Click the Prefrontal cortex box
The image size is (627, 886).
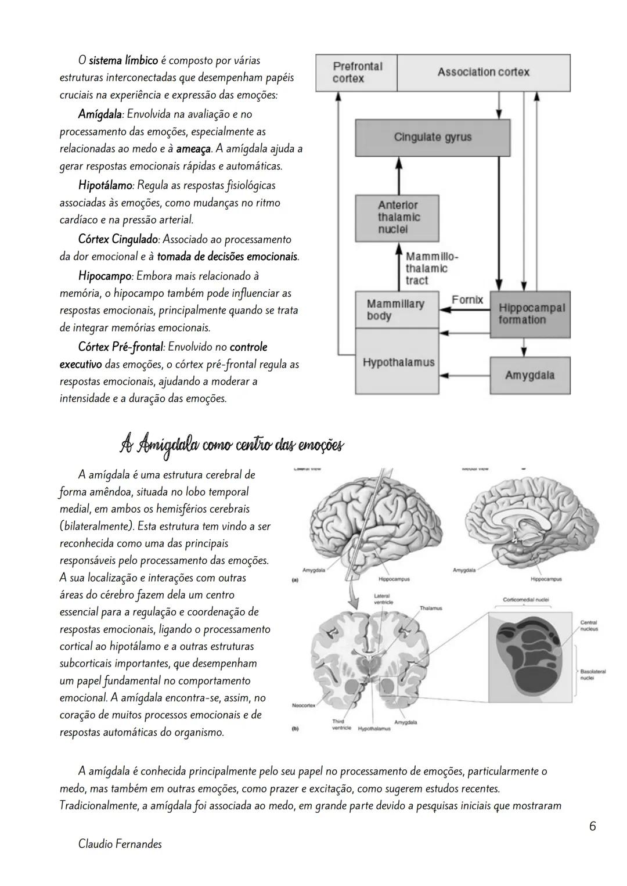pos(356,73)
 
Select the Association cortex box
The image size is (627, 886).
pos(483,73)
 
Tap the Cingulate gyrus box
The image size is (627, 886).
pos(433,138)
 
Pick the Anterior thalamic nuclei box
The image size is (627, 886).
pos(397,218)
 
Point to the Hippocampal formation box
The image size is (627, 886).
pos(531,314)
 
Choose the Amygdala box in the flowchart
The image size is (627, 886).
pos(529,376)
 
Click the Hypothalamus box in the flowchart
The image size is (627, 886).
pos(398,363)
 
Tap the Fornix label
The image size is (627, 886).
pos(467,300)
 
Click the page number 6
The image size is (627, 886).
pos(592,826)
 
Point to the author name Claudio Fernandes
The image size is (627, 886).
pos(120,844)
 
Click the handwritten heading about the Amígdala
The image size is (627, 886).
pos(231,446)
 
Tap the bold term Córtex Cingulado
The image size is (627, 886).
pos(118,240)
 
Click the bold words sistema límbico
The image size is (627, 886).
pos(123,60)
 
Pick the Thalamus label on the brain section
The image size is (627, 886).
pos(430,608)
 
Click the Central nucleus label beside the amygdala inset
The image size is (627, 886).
pos(589,625)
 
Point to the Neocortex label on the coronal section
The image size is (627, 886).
pos(304,705)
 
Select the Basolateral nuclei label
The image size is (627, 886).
pos(592,674)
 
